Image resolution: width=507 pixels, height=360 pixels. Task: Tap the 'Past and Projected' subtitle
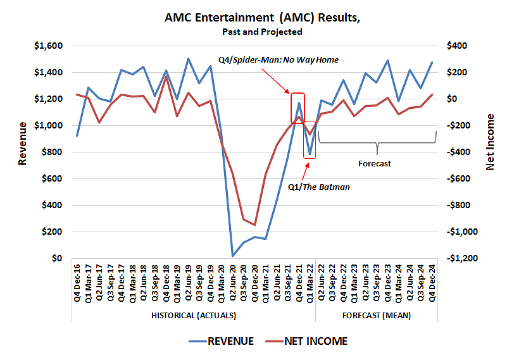click(x=262, y=32)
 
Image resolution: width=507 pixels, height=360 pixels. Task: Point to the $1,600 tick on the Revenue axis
click(x=48, y=46)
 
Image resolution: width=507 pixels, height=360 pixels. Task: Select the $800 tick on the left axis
click(x=52, y=152)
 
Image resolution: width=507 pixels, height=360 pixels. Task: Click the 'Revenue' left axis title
click(x=23, y=152)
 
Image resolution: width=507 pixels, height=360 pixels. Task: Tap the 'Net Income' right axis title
click(x=490, y=142)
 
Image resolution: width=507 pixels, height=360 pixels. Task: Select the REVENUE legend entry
click(x=222, y=341)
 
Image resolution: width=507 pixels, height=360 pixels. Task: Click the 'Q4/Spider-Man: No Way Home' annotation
click(x=279, y=60)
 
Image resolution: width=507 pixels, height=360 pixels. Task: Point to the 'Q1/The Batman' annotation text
click(x=319, y=187)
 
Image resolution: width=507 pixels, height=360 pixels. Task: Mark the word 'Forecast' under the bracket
click(x=375, y=163)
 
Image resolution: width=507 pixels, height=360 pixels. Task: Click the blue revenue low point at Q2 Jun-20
click(x=233, y=256)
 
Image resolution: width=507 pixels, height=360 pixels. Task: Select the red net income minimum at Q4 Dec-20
click(x=254, y=225)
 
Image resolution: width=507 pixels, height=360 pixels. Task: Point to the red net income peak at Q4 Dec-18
click(x=166, y=77)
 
